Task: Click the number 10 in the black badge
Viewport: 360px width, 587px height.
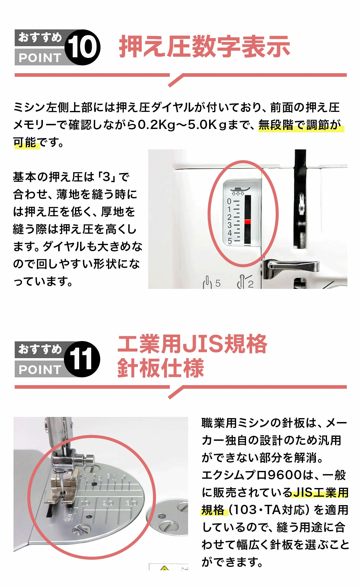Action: point(82,47)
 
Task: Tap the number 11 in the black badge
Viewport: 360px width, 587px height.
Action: point(81,359)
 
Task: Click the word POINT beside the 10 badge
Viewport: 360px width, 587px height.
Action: point(40,58)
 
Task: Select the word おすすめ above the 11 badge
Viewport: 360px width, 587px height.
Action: point(40,349)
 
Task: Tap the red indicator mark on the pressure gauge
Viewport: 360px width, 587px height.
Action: point(247,222)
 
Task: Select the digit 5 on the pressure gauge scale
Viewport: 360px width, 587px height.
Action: point(229,241)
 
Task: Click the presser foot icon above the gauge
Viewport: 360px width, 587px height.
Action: point(240,190)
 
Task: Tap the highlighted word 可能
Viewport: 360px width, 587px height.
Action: point(25,142)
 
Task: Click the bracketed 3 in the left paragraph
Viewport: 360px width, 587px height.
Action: point(106,177)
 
